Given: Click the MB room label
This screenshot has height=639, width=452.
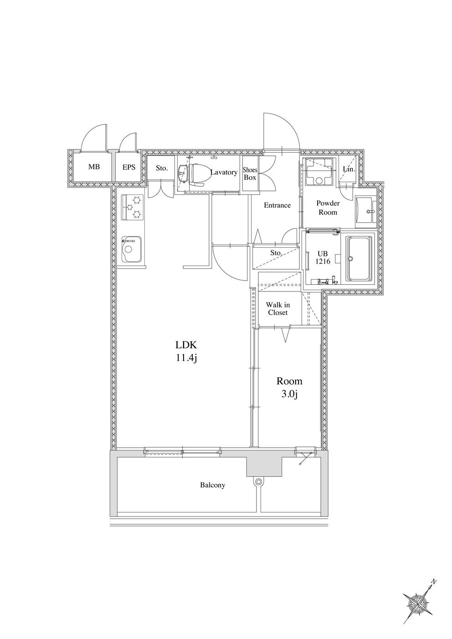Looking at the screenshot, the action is coord(94,167).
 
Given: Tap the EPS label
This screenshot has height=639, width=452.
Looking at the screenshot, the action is coord(129,167).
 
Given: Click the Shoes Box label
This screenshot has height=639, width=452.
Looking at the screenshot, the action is coord(250,174).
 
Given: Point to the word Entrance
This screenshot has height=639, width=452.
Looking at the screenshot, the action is coord(277,205).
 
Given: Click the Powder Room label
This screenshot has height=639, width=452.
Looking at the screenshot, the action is coord(328,208).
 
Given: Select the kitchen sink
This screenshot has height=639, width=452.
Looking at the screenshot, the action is coord(132,249).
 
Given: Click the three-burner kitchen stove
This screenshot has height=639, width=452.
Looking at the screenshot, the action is coord(132,207).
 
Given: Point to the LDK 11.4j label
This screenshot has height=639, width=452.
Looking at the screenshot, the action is coord(186,352).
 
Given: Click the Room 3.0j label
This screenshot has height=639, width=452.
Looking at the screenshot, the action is coord(289,388).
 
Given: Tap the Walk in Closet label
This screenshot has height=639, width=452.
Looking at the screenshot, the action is coord(278,309).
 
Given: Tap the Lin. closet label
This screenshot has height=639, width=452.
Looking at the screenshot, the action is coord(349,169).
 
